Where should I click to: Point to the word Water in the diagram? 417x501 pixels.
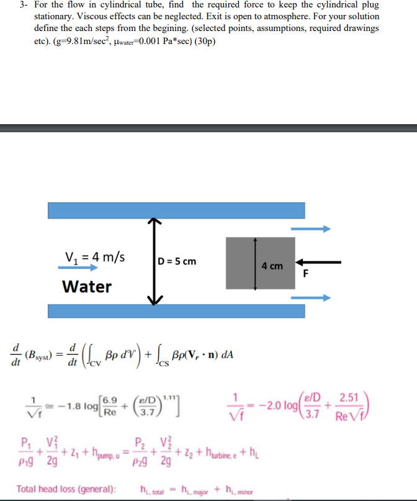87,286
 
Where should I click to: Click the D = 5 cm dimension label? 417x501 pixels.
177,261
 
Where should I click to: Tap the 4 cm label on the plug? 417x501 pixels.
272,266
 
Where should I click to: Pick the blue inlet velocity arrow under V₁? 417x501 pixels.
78,268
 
